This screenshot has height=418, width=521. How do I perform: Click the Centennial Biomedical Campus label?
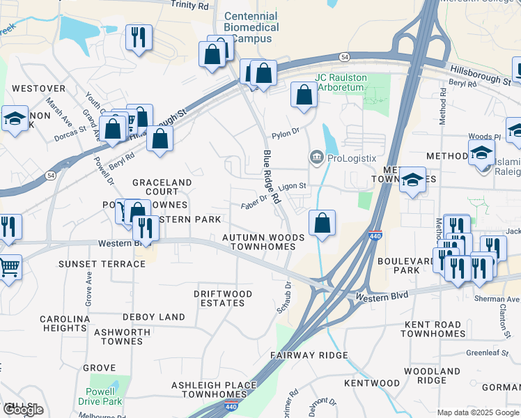251,28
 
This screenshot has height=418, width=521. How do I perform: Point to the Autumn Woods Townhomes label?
263,242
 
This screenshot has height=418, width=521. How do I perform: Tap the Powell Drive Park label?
100,396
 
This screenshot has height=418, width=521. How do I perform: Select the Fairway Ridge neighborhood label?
309,355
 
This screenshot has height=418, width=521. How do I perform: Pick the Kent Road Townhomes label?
432,329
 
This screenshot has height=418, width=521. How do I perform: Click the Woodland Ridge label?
432,376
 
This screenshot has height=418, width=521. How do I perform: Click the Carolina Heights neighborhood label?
65,323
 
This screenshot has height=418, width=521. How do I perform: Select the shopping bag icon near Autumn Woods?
322,224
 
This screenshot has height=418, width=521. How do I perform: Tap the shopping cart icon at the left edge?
8,267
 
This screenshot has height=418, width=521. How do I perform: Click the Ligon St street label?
292,186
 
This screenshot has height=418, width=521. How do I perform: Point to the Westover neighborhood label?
39,88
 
